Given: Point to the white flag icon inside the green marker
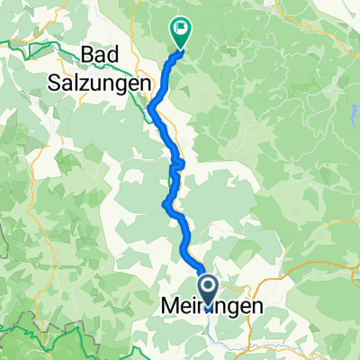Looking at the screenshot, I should [x=182, y=28].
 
